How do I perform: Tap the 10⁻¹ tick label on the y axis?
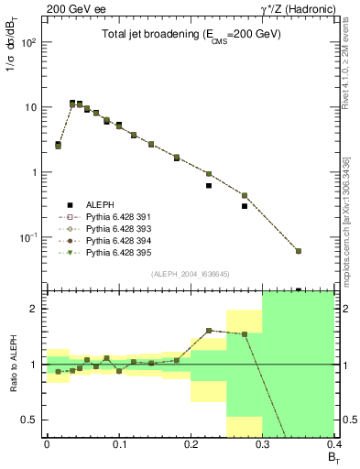(28, 237)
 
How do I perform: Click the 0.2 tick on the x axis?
(191, 444)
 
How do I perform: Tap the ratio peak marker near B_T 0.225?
(209, 330)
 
